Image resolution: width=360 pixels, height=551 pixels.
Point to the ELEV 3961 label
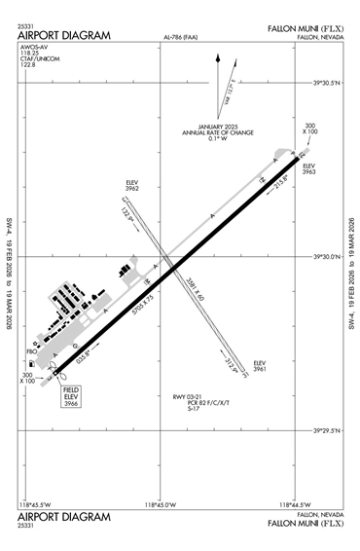point(259,366)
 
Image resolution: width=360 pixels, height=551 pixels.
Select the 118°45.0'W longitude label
point(159,504)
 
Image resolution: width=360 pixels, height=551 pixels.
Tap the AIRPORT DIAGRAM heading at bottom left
point(63,516)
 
